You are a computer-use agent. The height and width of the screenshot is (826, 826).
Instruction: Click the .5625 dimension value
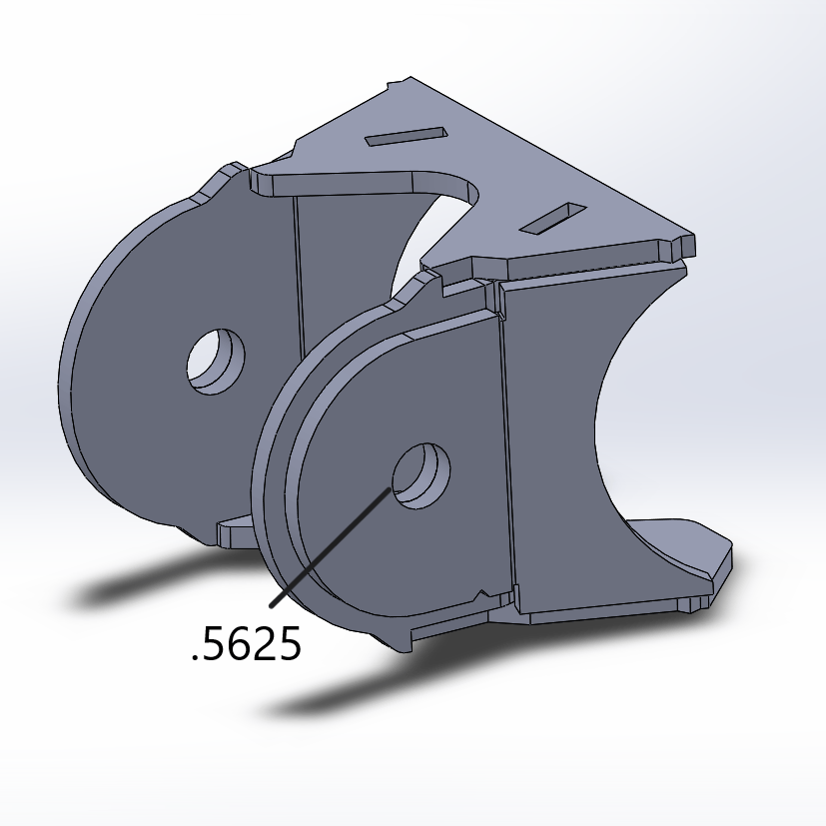coord(246,646)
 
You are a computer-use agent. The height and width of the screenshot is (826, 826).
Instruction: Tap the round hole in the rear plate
coord(216,361)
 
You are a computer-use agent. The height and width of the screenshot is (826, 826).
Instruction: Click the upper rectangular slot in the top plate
coord(405,136)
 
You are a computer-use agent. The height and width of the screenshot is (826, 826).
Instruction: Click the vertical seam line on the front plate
coord(506,449)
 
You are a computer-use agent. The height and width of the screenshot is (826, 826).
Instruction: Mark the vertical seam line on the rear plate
coord(297,270)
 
